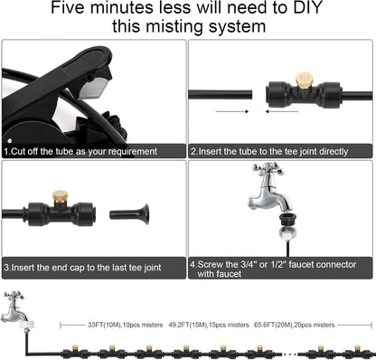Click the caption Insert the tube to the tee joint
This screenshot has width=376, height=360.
268,151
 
